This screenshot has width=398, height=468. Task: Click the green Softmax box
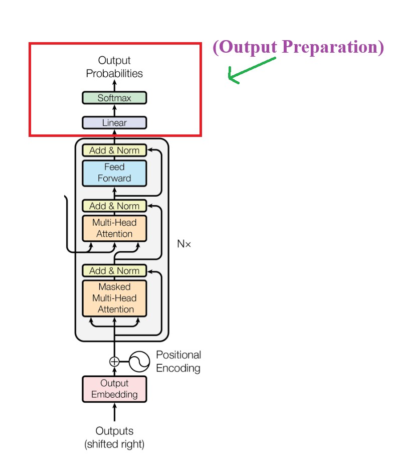click(114, 98)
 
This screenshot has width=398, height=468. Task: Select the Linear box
click(114, 123)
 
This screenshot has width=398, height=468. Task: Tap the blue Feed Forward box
click(114, 173)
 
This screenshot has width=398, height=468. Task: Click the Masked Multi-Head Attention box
click(114, 298)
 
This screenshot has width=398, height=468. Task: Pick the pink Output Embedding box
click(114, 389)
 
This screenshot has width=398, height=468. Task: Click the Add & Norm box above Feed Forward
click(114, 150)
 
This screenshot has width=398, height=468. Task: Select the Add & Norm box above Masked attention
click(114, 271)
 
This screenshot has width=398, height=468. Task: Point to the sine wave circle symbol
click(140, 361)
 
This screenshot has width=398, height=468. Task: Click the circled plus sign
click(114, 361)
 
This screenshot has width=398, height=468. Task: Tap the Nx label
click(184, 244)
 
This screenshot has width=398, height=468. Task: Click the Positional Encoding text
click(178, 361)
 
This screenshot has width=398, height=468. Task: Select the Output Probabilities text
click(114, 67)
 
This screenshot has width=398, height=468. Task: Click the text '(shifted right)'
click(114, 444)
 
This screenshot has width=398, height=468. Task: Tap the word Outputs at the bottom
click(114, 431)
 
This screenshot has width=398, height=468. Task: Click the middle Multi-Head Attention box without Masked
click(114, 228)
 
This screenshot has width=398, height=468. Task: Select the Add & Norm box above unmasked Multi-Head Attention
click(114, 206)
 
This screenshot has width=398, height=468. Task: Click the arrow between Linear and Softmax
click(114, 110)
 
